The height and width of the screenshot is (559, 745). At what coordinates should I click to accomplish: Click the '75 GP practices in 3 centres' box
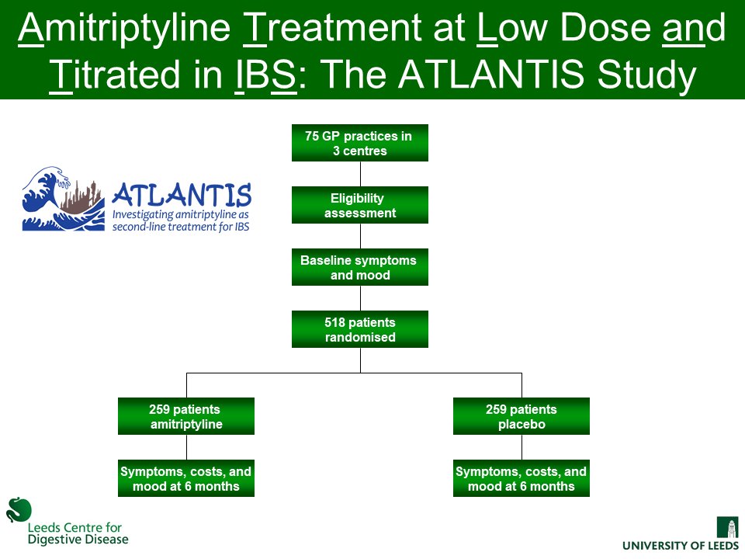click(359, 143)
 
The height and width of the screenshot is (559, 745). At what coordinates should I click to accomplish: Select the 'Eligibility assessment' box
click(359, 205)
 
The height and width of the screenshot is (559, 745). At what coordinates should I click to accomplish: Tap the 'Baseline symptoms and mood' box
click(359, 267)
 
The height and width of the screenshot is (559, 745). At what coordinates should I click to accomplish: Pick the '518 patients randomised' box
click(359, 329)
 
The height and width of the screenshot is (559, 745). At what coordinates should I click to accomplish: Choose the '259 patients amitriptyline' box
click(185, 416)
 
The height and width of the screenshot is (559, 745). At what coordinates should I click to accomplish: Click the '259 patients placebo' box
click(521, 416)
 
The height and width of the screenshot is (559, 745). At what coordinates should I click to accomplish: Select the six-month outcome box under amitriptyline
click(185, 478)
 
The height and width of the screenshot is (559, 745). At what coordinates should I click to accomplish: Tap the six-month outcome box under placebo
click(521, 478)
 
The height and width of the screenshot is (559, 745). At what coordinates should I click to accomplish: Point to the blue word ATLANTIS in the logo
click(182, 194)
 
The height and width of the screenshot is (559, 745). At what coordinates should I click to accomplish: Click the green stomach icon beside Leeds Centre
click(19, 509)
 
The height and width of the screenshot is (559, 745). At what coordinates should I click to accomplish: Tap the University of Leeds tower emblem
click(728, 527)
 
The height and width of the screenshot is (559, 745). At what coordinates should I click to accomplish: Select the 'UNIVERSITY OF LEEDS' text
click(681, 546)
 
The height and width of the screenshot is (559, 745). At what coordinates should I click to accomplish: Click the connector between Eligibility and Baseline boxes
click(360, 236)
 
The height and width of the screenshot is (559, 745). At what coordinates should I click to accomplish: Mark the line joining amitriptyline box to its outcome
click(186, 447)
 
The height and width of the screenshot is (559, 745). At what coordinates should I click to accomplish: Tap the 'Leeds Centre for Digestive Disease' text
click(78, 533)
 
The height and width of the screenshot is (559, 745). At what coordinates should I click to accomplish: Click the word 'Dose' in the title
click(578, 30)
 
